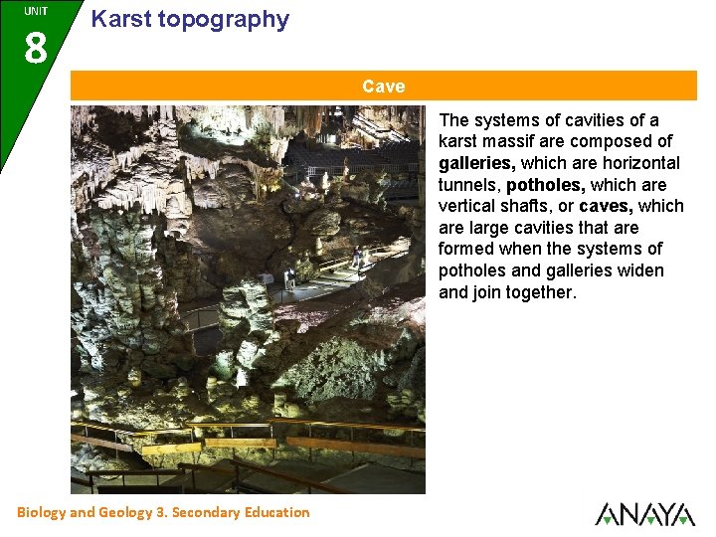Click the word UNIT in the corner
pyautogui.click(x=36, y=11)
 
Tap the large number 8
pyautogui.click(x=35, y=47)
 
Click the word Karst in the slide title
pyautogui.click(x=120, y=19)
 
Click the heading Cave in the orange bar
pyautogui.click(x=383, y=87)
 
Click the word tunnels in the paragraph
pyautogui.click(x=469, y=185)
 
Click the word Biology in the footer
pyautogui.click(x=42, y=512)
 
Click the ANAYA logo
pyautogui.click(x=644, y=513)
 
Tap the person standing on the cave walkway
pyautogui.click(x=356, y=257)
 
